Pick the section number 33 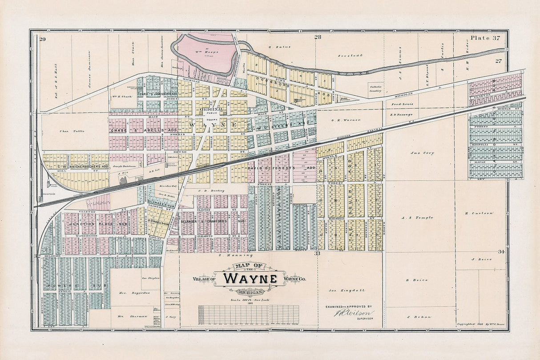tap(317, 253)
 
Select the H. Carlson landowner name tap(479, 213)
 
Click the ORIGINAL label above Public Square tap(212, 109)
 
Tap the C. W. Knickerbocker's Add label tap(82, 166)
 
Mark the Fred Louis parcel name tap(402, 104)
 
